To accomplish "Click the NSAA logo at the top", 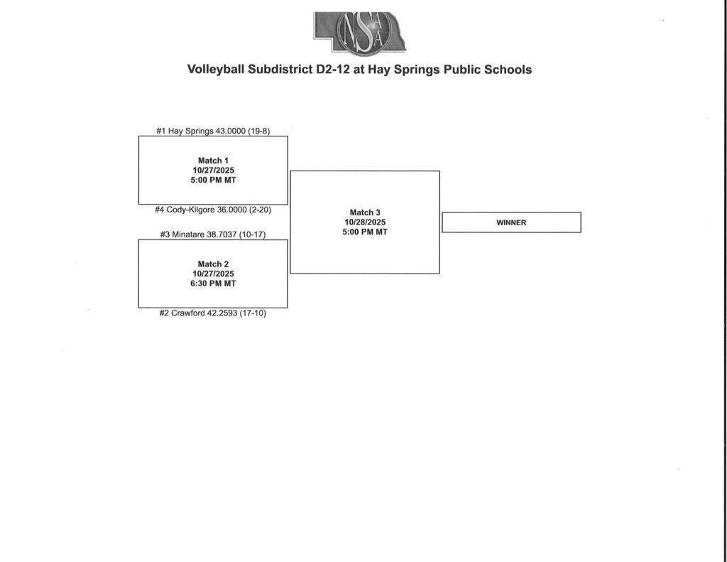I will click(x=360, y=33).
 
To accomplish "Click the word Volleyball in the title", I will click(x=214, y=70).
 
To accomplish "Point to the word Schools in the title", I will click(x=505, y=70).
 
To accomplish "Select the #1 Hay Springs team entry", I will click(x=212, y=131).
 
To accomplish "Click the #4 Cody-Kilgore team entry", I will click(x=212, y=210).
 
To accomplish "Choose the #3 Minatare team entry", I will click(x=212, y=234).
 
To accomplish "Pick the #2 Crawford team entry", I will click(x=212, y=313).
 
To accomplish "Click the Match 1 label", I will click(x=212, y=161).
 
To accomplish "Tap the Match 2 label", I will click(x=212, y=264).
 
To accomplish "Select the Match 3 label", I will click(x=365, y=212).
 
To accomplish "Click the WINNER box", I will click(x=511, y=222).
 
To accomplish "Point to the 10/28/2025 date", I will click(x=365, y=222).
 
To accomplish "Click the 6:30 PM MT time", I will click(x=212, y=283).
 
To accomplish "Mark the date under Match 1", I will click(x=212, y=171).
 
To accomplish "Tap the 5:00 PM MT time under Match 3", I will click(x=365, y=232).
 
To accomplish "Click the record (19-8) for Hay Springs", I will click(x=258, y=131).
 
